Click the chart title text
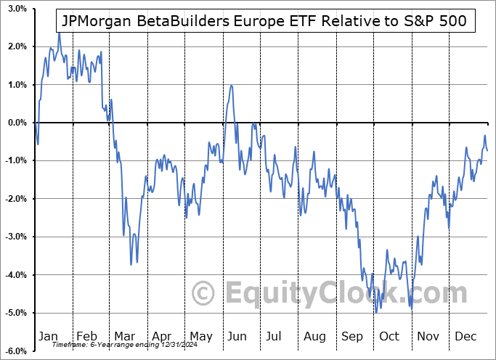coord(265,21)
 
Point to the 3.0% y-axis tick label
coord(18,9)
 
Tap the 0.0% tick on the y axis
coord(18,123)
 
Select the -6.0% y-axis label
coord(17,351)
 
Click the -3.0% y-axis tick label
coord(17,237)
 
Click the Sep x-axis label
coord(353,337)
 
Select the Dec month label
coord(466,337)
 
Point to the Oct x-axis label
coord(390,337)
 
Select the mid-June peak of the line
coord(231,86)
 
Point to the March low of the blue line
coord(131,265)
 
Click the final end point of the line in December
coord(487,150)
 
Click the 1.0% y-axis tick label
coord(18,85)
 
